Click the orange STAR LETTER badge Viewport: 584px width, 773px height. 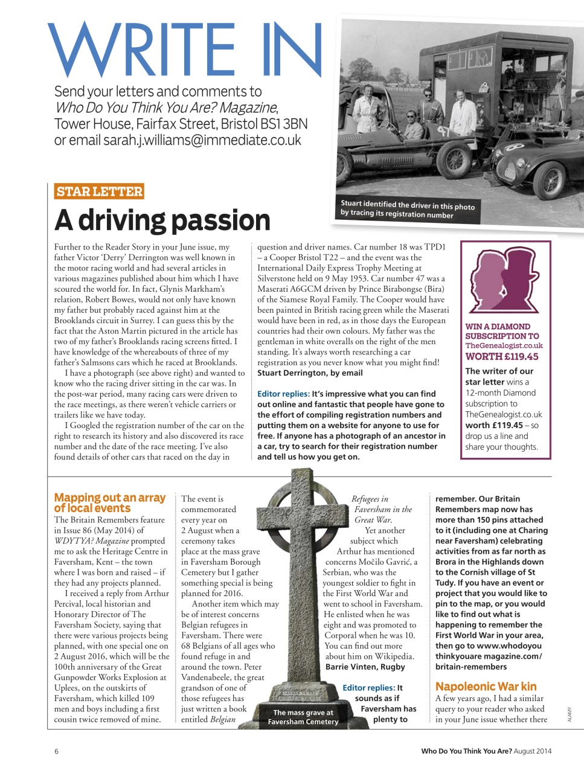99,191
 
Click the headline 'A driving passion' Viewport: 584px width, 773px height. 162,220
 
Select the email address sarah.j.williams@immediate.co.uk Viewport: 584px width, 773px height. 202,140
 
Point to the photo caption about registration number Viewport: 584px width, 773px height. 407,209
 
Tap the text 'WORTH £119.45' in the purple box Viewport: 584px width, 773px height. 502,356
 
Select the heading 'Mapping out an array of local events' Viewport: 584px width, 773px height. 109,502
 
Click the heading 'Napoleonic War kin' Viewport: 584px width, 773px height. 486,686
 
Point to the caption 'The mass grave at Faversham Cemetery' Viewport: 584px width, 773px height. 303,717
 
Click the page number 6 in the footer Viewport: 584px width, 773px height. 57,751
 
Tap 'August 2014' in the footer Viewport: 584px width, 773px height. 532,751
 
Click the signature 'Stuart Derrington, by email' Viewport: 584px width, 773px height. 310,373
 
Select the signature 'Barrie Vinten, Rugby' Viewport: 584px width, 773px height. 365,667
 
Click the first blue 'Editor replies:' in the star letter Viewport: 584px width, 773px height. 283,394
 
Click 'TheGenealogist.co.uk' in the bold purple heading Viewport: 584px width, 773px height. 504,346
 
